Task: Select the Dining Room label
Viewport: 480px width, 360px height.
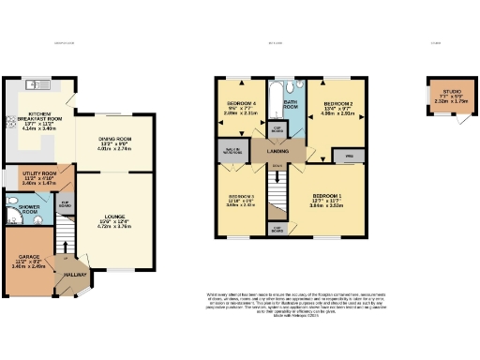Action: (112, 142)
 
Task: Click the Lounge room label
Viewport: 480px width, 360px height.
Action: (112, 221)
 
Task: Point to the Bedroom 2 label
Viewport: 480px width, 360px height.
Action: (337, 107)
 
